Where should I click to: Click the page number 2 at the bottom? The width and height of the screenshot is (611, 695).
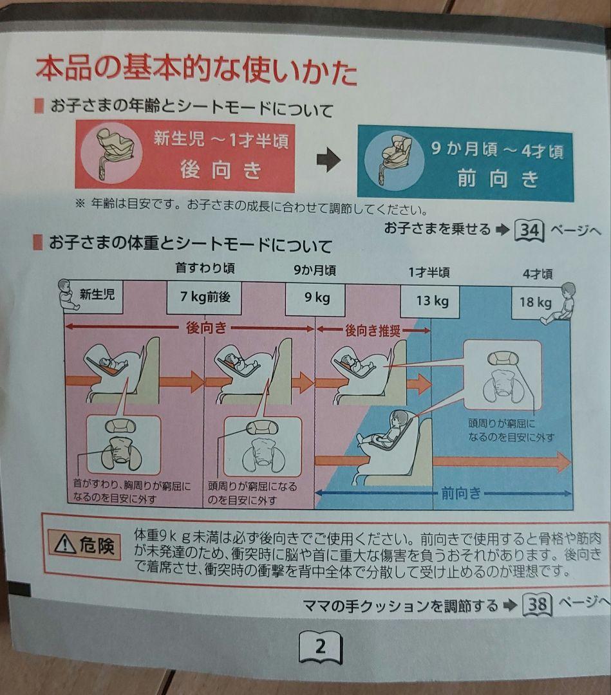(x=320, y=646)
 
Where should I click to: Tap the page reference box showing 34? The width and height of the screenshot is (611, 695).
(x=530, y=230)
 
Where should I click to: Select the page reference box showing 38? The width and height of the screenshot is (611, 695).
(x=538, y=604)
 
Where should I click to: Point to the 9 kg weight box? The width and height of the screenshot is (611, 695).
(x=315, y=299)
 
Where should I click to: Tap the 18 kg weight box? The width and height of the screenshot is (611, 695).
(x=535, y=302)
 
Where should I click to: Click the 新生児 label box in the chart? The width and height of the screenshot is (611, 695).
(x=96, y=295)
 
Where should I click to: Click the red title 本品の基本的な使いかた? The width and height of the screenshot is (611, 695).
(x=196, y=71)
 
